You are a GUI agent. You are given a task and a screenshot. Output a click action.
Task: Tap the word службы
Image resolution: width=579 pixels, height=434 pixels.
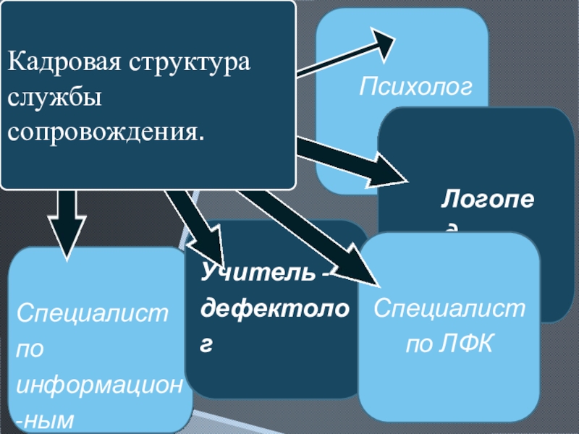click(54, 96)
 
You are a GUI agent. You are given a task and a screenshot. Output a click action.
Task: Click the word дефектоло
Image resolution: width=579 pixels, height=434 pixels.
click(276, 310)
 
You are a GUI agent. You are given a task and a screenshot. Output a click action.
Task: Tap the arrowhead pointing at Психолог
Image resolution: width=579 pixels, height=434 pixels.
click(384, 41)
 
